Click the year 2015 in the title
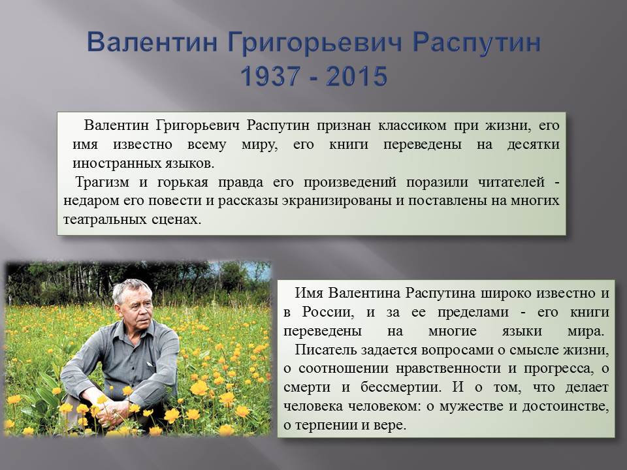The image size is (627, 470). [x=357, y=76]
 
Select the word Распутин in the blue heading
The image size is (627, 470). [x=477, y=43]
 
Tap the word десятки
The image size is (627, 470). [x=533, y=144]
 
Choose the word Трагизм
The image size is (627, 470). [x=102, y=182]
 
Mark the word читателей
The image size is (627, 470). [x=511, y=182]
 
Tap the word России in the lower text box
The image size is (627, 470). [x=328, y=312]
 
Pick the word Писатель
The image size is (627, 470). [x=325, y=350]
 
